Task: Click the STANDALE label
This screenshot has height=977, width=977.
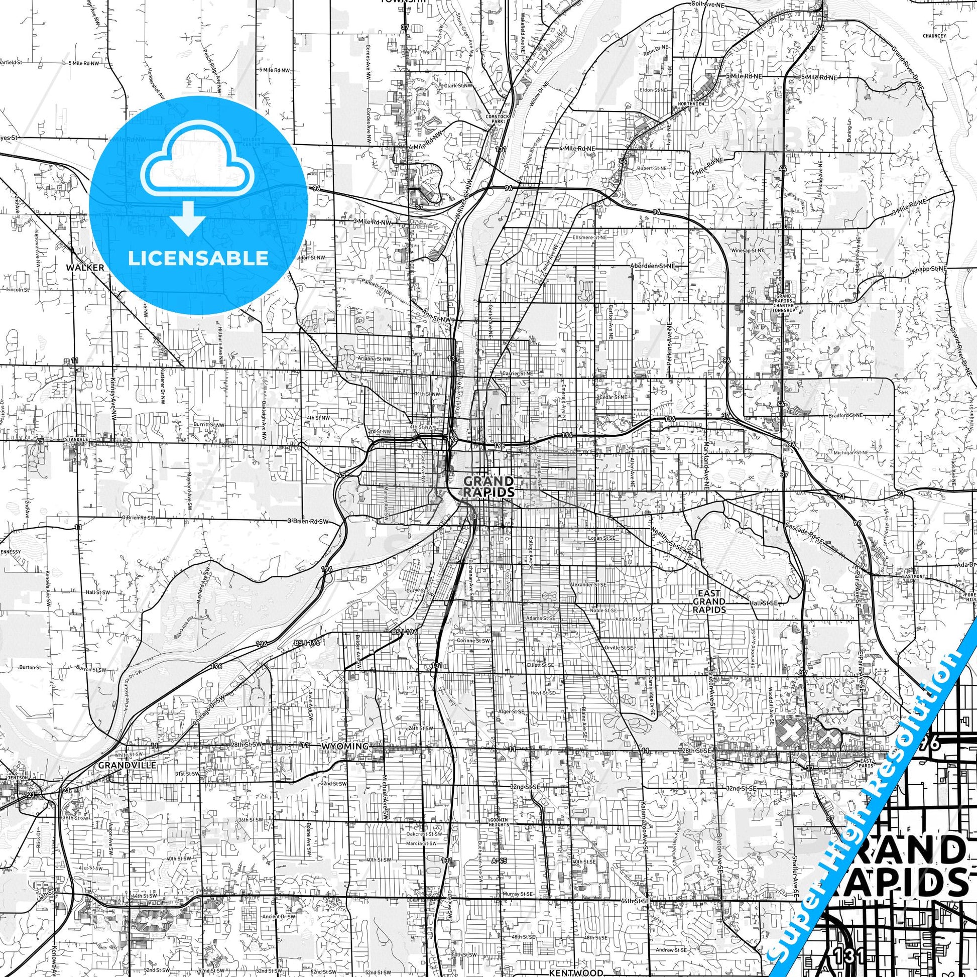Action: [76, 440]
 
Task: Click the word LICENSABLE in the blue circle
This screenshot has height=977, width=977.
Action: [198, 258]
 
